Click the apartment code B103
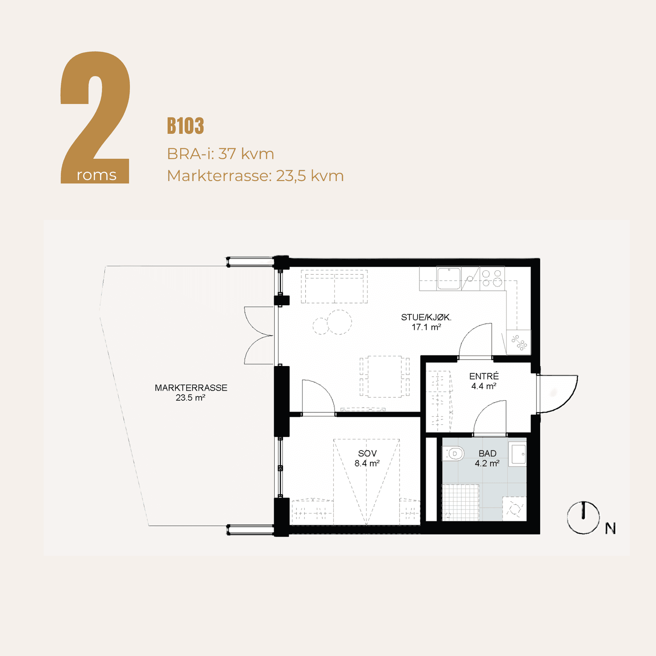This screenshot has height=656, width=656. coord(185,126)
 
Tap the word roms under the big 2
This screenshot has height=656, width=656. coord(97,175)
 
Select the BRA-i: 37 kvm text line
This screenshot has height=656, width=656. coord(220,154)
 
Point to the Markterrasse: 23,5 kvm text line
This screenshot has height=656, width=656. coord(255,176)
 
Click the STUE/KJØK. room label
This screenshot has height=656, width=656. coord(426,318)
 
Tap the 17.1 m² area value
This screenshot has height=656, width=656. coord(426,327)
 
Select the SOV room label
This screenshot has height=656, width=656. coord(367,454)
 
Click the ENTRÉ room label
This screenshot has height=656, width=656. coord(484,376)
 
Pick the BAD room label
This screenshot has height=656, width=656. coord(487,454)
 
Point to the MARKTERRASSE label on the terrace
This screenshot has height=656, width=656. coord(191,388)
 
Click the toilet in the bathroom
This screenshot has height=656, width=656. coord(453,454)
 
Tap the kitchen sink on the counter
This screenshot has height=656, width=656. coord(449,279)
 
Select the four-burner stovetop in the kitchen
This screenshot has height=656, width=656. coord(492,278)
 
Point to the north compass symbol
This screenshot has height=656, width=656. coord(583,518)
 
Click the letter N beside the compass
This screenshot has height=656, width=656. coord(611,529)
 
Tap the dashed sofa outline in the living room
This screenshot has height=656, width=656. coord(334,286)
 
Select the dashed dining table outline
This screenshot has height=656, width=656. coord(385,376)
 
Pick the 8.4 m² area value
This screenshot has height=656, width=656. coord(367,464)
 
